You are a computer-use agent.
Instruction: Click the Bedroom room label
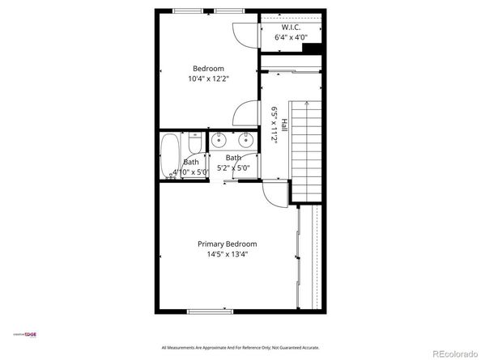[208, 68]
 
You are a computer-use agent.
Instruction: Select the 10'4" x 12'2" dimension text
[208, 78]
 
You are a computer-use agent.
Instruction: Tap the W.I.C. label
[292, 26]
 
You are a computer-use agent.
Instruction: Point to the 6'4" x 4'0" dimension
[292, 37]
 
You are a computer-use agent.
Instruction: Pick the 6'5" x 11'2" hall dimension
[275, 126]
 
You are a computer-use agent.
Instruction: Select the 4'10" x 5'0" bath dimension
[189, 172]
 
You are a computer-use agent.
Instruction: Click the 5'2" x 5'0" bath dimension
[233, 168]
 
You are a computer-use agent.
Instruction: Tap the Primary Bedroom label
[228, 244]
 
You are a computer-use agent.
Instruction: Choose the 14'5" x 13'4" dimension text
[228, 254]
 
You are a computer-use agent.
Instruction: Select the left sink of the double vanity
[219, 141]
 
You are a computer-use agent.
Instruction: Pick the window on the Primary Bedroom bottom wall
[211, 311]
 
